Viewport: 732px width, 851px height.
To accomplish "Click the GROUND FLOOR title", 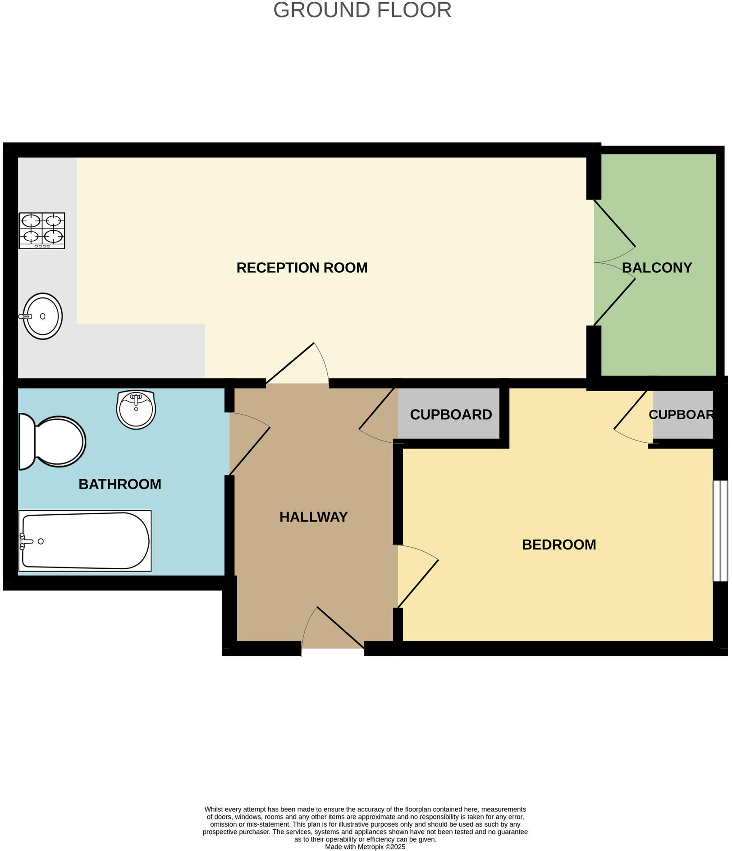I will click(x=362, y=10).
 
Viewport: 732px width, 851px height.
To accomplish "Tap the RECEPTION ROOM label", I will click(x=302, y=268).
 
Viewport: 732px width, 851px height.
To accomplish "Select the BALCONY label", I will click(x=657, y=268).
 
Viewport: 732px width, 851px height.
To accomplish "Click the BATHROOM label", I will click(x=120, y=484).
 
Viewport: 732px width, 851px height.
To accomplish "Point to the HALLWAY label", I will click(x=313, y=517).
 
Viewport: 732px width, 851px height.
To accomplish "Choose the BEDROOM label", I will click(x=559, y=544).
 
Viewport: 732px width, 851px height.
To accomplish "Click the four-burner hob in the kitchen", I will click(x=42, y=230).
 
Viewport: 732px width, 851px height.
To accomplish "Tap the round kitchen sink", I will click(x=43, y=316).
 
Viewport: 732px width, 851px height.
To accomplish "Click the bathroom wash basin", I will click(x=136, y=409).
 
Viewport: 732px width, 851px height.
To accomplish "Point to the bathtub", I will click(x=85, y=540).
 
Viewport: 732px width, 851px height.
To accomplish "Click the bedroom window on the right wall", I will click(x=720, y=531).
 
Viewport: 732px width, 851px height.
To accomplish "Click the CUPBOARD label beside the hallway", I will click(x=451, y=415).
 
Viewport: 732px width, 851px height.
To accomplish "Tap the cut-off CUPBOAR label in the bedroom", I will click(x=681, y=415).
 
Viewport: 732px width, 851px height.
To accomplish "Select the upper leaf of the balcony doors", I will click(x=615, y=224).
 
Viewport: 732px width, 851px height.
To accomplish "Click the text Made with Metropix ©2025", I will click(x=365, y=847).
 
